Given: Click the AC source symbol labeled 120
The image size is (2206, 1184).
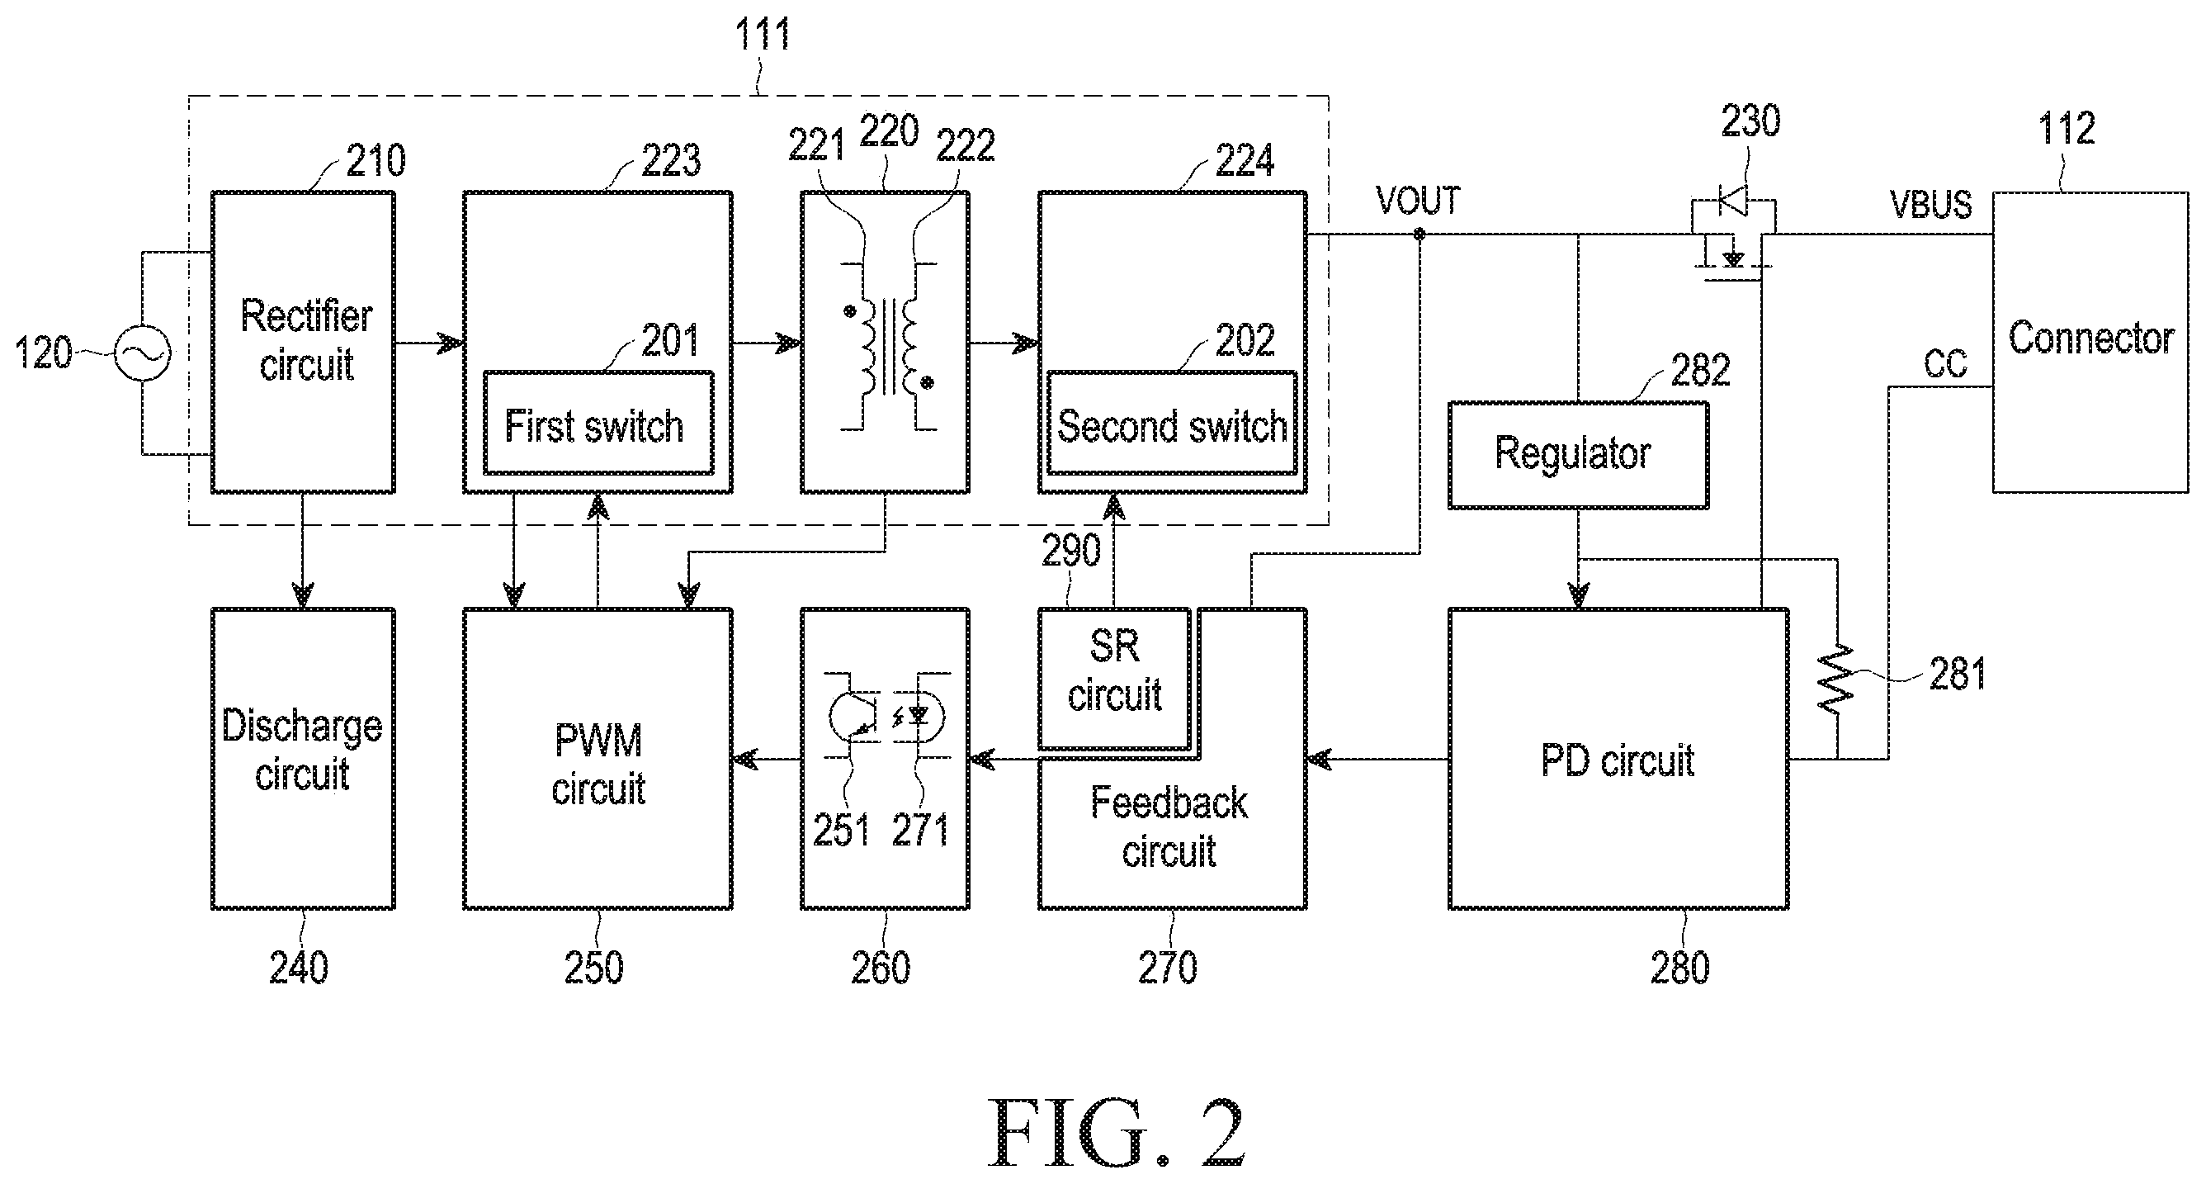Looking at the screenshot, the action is tap(142, 352).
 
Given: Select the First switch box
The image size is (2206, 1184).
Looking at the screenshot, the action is tap(598, 423).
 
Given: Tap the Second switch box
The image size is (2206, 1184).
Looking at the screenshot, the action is tap(1172, 423).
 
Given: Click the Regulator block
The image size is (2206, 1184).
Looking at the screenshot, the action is tap(1578, 456).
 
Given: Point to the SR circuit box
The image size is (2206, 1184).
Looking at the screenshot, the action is tap(1114, 679).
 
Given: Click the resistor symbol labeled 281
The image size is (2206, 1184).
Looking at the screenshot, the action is tap(1837, 680).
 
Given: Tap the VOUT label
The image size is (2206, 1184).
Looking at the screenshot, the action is tap(1417, 201).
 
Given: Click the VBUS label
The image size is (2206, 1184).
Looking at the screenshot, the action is tap(1931, 205).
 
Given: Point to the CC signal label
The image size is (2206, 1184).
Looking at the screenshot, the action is tap(1945, 365).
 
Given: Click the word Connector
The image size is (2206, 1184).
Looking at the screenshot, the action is tap(2091, 339).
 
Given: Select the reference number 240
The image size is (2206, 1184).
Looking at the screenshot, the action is tap(299, 969).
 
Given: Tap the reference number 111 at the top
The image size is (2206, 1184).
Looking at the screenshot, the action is tap(763, 35).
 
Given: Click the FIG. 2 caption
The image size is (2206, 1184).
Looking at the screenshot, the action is tap(1117, 1133).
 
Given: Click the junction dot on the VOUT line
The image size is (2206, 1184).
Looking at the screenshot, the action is tap(1419, 234).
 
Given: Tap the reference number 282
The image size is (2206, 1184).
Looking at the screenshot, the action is tap(1701, 370).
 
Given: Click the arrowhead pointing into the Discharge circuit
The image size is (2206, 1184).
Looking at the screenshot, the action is tap(302, 595).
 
